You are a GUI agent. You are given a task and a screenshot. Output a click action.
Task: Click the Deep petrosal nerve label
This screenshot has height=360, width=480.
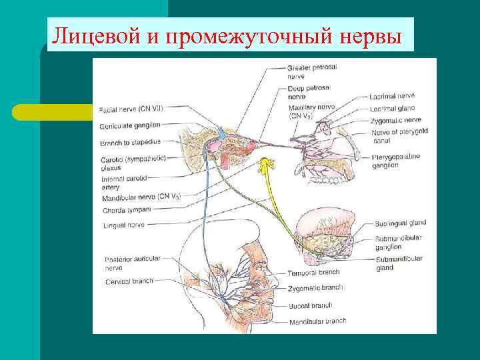point(308,92)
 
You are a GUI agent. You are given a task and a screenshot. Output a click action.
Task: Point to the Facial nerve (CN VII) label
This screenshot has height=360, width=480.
point(131,109)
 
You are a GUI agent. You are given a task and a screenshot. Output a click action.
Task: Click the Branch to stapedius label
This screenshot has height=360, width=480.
point(129,142)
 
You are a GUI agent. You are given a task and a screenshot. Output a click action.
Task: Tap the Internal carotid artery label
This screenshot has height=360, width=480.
point(123,183)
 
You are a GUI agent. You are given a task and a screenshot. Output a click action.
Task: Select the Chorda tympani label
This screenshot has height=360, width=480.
point(127,209)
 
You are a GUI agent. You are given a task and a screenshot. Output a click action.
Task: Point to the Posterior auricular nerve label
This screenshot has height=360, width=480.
point(127,263)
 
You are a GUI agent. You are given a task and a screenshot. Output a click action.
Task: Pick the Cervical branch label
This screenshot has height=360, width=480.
point(129,281)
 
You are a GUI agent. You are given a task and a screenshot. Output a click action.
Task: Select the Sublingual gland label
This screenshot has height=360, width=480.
point(400,223)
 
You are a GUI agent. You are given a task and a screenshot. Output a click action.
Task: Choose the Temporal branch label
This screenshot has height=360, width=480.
point(314,272)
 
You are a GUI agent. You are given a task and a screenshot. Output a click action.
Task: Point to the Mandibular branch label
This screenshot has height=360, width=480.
point(318,321)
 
